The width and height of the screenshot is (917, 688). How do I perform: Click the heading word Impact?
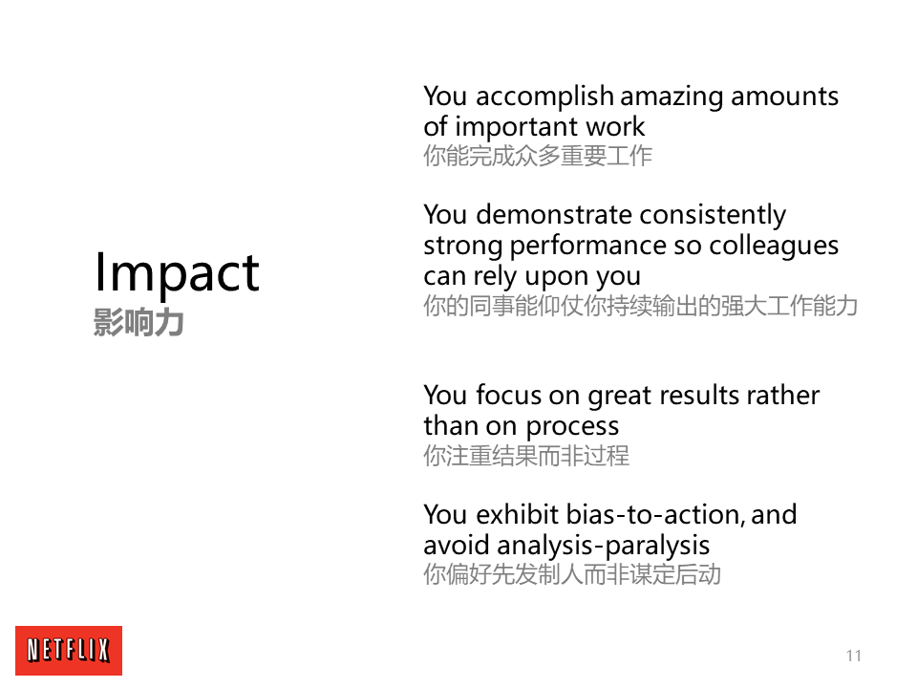[178, 273]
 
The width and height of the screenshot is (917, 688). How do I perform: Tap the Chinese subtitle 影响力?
[139, 322]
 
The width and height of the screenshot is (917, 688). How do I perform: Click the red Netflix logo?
[69, 651]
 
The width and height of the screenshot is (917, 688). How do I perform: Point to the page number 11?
[854, 656]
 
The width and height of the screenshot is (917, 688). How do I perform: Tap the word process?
[572, 427]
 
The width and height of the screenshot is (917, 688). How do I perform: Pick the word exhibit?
[518, 515]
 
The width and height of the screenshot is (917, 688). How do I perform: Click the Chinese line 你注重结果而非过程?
[526, 457]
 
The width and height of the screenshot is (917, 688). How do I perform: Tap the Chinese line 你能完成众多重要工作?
[538, 156]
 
